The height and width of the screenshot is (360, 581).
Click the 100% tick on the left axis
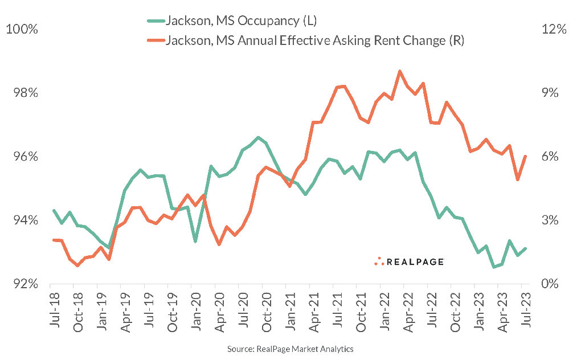pos(22,29)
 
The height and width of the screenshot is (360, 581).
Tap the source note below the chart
pos(291,348)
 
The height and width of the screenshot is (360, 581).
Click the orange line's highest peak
pos(400,71)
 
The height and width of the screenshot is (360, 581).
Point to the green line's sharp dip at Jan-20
pos(195,242)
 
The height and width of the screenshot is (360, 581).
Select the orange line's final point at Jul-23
pos(525,156)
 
